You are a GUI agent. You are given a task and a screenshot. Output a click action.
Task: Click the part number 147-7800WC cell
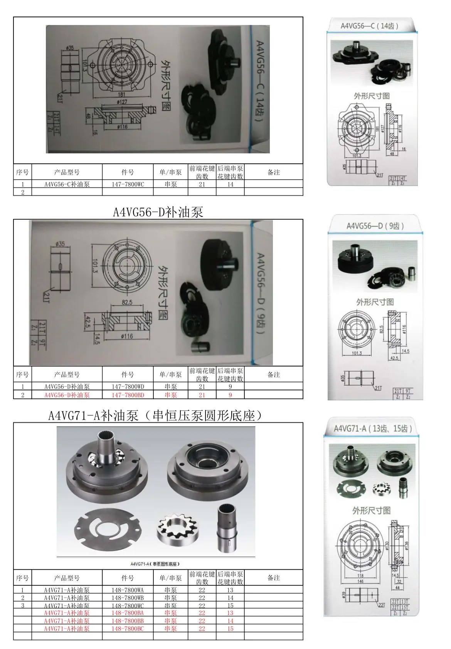click(128, 184)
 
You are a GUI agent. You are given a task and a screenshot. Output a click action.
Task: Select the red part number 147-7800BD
click(128, 395)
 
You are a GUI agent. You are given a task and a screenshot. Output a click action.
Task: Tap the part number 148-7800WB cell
click(128, 598)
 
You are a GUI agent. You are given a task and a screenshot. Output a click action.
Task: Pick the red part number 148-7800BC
click(128, 629)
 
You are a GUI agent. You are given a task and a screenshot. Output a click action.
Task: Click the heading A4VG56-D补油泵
click(158, 212)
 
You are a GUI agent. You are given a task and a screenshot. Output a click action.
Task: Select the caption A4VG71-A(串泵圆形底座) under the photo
click(155, 564)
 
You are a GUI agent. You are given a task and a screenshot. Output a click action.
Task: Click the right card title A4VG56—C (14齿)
click(369, 26)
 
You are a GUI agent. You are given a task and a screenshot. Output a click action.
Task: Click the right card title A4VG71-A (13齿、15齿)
click(372, 429)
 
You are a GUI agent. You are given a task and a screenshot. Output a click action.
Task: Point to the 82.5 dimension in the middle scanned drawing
click(127, 303)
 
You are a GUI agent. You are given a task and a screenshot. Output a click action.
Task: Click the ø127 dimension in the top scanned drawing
click(122, 103)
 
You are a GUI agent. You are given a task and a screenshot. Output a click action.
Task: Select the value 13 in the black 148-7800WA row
click(230, 590)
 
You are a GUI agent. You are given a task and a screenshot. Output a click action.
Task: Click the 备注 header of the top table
click(273, 172)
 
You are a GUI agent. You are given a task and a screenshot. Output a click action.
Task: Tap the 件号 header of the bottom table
click(128, 578)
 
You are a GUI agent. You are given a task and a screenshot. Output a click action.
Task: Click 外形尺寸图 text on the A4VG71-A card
click(371, 511)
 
